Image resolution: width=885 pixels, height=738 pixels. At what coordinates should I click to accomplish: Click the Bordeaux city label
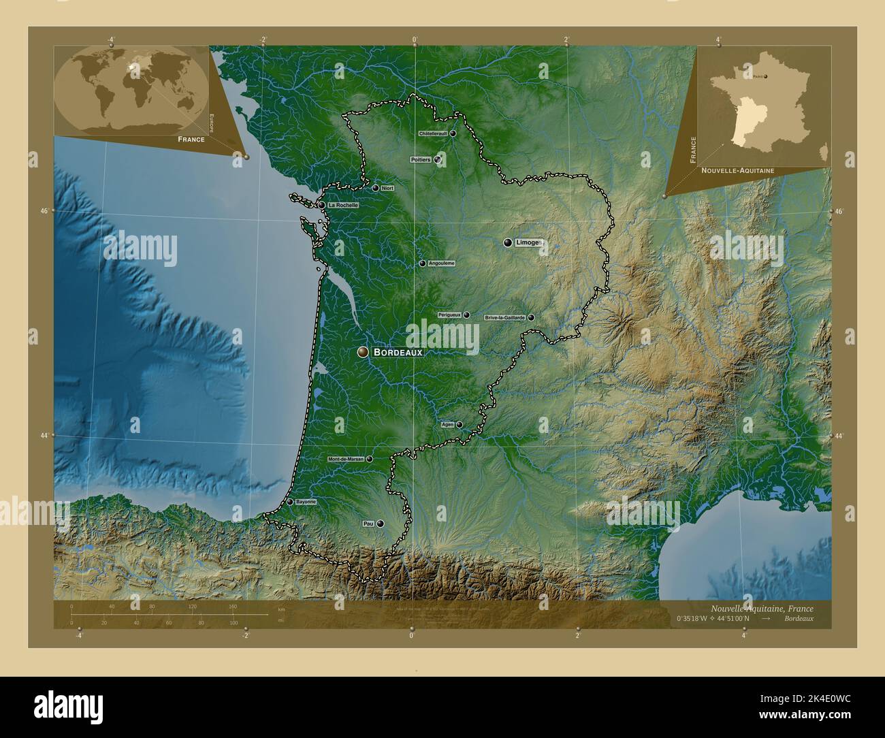coord(398,353)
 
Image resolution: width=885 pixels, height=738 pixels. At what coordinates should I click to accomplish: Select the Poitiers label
coord(421,159)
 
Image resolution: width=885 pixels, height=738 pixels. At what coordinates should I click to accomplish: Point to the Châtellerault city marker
coord(452,133)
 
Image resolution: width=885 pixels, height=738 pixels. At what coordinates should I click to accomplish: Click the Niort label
coord(388,188)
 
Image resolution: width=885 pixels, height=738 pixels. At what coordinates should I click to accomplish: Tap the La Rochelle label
coord(342,205)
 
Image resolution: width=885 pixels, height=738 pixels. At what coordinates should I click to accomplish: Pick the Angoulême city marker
coord(422,263)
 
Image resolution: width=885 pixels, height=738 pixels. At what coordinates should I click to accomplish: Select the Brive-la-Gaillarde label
coord(504,317)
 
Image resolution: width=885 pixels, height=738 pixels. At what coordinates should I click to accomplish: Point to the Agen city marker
coord(459,425)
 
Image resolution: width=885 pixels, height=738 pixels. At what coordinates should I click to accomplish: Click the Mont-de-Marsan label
coord(346,460)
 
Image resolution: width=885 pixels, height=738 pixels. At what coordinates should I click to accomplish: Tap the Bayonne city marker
coord(289,502)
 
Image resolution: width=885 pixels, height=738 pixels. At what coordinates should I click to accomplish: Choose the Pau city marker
coord(380,524)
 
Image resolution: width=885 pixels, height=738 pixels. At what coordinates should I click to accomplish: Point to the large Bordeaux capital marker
coord(363,352)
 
